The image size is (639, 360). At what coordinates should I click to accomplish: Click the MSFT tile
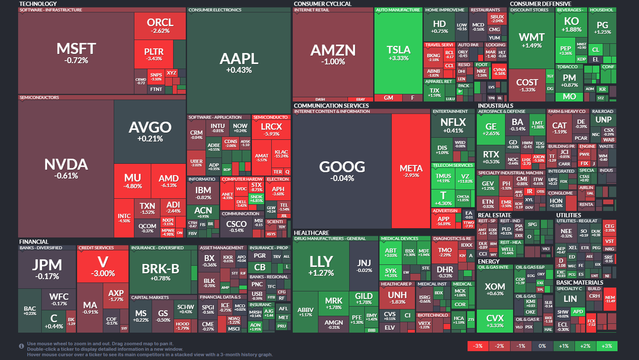tap(76, 53)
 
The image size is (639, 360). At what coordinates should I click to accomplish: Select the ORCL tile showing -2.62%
tap(160, 25)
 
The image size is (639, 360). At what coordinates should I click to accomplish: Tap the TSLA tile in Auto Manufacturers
tap(398, 53)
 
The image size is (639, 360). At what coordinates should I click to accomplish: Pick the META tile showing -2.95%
tap(411, 171)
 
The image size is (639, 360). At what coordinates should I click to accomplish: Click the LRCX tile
tap(271, 129)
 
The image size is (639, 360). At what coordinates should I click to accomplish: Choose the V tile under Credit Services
tap(103, 266)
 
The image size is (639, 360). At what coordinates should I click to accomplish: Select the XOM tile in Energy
tap(495, 289)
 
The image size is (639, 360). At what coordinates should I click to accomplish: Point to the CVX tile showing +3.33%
tap(495, 321)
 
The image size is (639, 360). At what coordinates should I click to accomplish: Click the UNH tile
tap(397, 297)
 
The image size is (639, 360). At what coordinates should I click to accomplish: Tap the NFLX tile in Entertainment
tap(453, 125)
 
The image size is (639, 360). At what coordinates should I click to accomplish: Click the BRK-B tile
tap(160, 272)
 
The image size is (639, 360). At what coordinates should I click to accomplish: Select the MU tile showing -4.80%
tap(132, 181)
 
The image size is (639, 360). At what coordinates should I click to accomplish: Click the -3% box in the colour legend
tap(478, 346)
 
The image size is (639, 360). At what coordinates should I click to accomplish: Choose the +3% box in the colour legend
tap(607, 346)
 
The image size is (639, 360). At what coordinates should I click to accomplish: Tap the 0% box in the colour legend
tap(542, 346)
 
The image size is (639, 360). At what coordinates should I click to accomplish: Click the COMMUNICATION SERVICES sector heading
tap(331, 106)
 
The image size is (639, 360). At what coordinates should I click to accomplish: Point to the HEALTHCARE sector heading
tap(311, 233)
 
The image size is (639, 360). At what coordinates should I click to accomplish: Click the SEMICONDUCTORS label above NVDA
tap(39, 97)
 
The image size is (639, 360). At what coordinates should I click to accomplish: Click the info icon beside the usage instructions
tap(21, 346)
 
